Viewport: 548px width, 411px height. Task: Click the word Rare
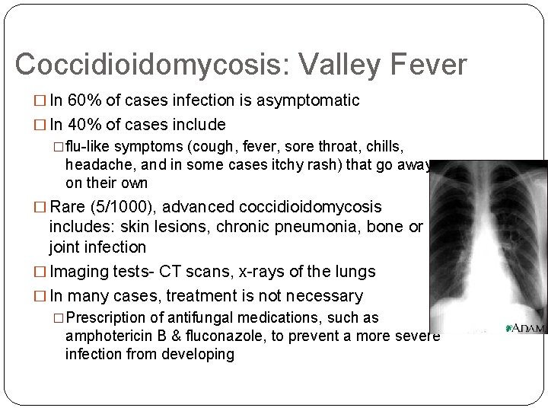click(68, 207)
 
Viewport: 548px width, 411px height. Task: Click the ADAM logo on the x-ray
click(526, 327)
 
